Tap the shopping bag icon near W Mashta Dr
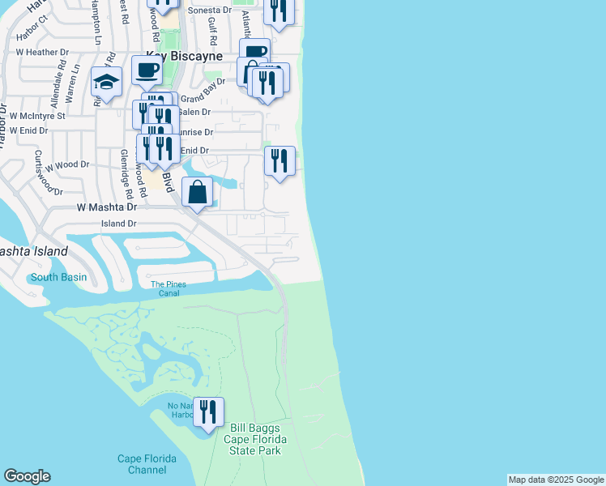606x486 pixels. [198, 194]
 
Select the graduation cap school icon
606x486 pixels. [106, 83]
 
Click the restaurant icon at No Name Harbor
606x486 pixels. [208, 412]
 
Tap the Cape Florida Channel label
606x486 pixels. [147, 463]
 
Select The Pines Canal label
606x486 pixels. [169, 288]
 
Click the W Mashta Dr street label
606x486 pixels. [107, 207]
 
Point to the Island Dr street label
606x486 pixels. [119, 224]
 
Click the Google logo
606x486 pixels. [27, 476]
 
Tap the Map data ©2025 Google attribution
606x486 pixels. [557, 480]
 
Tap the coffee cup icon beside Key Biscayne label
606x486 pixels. [147, 70]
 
